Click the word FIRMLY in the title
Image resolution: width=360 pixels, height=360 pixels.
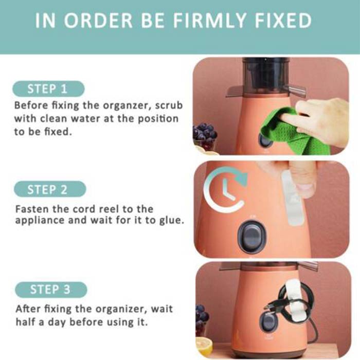pyautogui.click(x=209, y=21)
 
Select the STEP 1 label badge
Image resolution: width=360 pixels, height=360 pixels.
pyautogui.click(x=48, y=89)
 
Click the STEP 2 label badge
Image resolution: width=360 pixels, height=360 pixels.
pyautogui.click(x=50, y=189)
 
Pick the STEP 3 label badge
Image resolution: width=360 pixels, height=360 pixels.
pyautogui.click(x=51, y=290)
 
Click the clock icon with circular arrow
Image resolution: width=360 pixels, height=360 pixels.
pyautogui.click(x=226, y=189)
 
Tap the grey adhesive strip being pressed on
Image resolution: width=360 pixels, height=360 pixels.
pyautogui.click(x=293, y=198)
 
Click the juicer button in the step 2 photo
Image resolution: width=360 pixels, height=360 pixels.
pyautogui.click(x=252, y=237)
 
